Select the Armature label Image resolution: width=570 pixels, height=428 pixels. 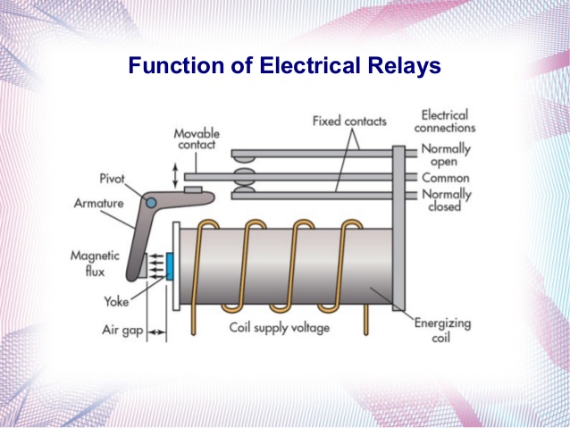pos(98,203)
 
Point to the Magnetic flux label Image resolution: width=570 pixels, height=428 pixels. pos(95,262)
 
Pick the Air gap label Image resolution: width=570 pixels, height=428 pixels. pos(120,331)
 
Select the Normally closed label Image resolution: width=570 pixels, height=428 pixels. pos(445,200)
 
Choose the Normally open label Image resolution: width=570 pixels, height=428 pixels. pos(445,155)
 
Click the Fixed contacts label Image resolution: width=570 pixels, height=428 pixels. pos(344,120)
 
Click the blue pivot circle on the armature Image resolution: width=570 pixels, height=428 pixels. pos(151,201)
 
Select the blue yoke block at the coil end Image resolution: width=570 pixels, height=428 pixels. pos(169,266)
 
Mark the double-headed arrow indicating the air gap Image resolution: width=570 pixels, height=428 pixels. pos(156,331)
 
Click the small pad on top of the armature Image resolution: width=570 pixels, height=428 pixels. pos(192,190)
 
